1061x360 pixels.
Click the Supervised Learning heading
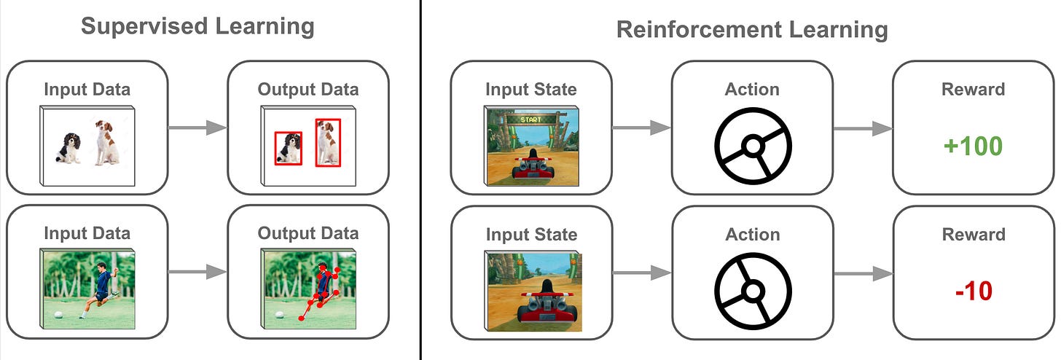(x=197, y=27)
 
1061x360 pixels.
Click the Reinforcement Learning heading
(x=752, y=30)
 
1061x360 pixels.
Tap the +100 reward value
(x=973, y=146)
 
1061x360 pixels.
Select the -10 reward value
(x=973, y=291)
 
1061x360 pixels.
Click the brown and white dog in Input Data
(x=106, y=143)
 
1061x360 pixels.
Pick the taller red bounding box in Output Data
(x=328, y=143)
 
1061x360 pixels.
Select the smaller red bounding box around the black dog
(x=288, y=149)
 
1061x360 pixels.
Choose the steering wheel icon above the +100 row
(x=752, y=146)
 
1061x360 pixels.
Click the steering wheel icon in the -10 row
(x=752, y=291)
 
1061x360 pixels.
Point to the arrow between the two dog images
(x=197, y=128)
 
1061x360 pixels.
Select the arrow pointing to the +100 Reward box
(x=862, y=128)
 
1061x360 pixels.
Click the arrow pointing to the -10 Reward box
(x=862, y=273)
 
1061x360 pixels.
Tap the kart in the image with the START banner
(x=532, y=165)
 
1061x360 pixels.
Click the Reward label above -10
(x=973, y=235)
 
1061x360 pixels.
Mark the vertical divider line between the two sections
(x=420, y=180)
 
